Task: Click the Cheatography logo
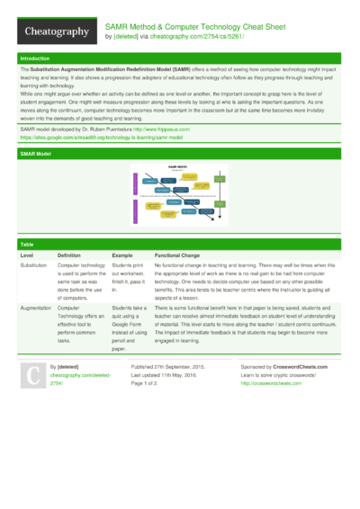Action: point(56,31)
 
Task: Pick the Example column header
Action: point(122,256)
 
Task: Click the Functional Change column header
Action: point(184,256)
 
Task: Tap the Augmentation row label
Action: point(36,308)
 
